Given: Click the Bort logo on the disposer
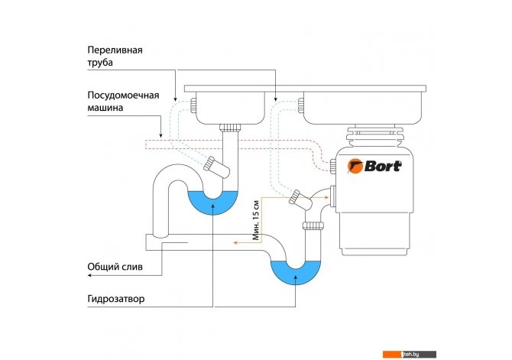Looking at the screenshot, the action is coord(374,166).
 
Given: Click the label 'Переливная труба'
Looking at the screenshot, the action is coord(115,57).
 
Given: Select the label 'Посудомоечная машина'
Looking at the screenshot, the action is coord(123,101).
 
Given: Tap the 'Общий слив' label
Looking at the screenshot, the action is coord(115,267).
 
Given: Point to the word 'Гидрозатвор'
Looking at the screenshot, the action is coord(115,299).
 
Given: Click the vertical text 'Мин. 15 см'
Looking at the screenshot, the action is coord(257,220).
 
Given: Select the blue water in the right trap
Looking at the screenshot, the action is coord(296,272).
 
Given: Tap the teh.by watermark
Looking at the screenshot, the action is coord(410,354).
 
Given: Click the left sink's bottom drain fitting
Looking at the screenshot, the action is coord(230,128).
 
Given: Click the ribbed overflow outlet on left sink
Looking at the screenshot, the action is coord(193,105).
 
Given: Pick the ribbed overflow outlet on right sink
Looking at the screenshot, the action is coord(301,105).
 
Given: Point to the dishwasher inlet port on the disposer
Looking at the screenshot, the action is coord(332,167).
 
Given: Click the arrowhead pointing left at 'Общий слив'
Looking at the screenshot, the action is coord(89,275).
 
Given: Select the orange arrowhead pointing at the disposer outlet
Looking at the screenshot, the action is coord(326,197).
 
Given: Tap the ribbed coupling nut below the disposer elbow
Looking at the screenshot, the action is coord(313,225).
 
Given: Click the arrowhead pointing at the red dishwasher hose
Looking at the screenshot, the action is coord(160,135).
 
